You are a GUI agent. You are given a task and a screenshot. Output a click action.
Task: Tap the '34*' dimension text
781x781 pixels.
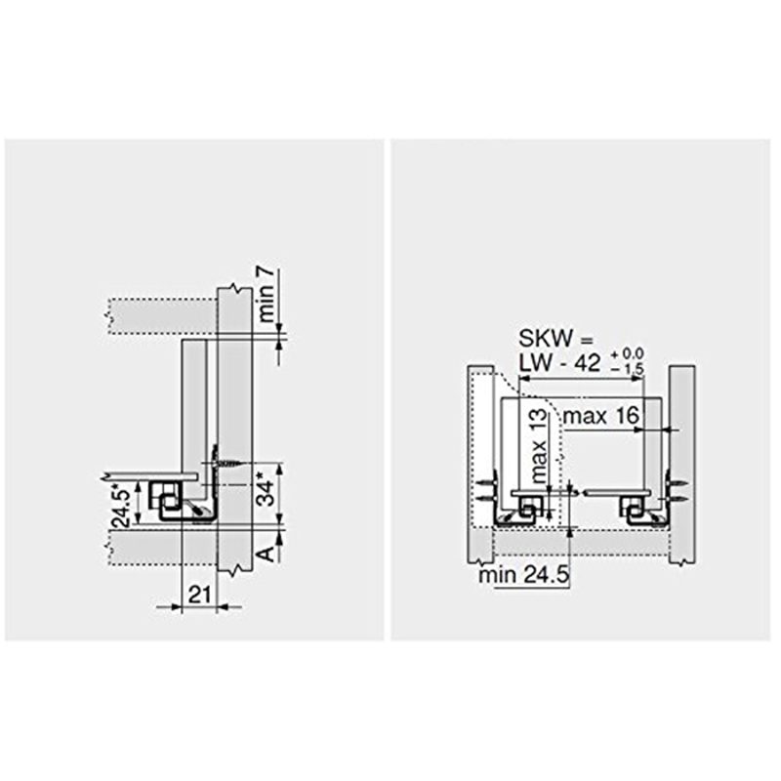click(265, 489)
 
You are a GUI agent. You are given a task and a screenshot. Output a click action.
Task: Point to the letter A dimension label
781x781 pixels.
click(264, 554)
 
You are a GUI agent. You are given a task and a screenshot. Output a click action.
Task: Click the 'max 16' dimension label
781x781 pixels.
click(601, 417)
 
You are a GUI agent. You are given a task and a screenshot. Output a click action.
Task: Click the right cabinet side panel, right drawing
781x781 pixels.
click(680, 464)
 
